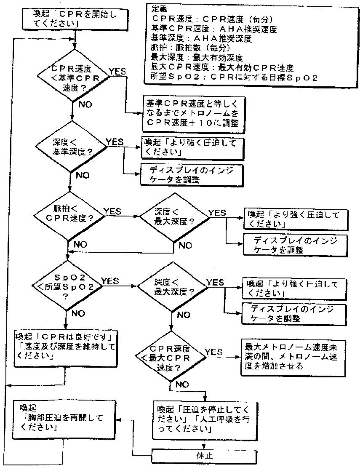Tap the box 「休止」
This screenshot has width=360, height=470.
[x=204, y=455]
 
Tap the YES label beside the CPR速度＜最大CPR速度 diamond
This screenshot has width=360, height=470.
[x=213, y=352]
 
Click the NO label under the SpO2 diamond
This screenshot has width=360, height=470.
[x=78, y=313]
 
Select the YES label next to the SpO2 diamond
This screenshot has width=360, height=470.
[x=109, y=280]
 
